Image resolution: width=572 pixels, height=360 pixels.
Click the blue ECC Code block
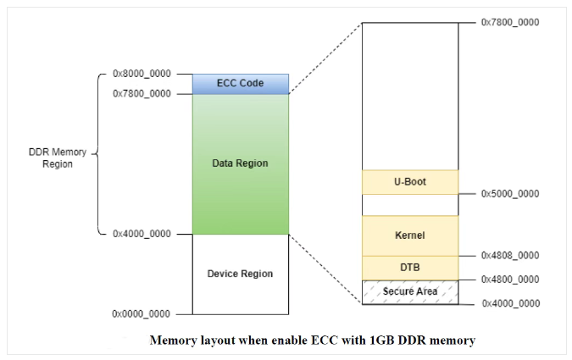click(241, 83)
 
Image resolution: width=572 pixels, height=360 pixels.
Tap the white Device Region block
click(241, 274)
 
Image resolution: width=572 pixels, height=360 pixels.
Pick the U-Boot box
click(410, 182)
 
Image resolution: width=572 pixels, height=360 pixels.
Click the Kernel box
click(410, 235)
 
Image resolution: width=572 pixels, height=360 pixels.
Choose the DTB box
click(410, 268)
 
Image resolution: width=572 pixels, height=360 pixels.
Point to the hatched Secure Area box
click(410, 291)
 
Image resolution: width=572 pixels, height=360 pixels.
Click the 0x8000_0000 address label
click(141, 75)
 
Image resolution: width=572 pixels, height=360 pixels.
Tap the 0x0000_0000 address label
click(141, 314)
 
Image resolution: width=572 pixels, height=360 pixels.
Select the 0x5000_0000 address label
click(510, 194)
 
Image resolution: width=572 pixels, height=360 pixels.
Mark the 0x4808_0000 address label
click(510, 256)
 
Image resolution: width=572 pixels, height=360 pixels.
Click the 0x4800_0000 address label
click(510, 280)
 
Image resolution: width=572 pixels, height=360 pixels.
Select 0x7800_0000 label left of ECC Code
click(141, 93)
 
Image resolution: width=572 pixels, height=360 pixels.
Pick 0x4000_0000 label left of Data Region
click(141, 234)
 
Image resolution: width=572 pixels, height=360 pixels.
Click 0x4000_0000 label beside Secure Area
click(510, 303)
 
